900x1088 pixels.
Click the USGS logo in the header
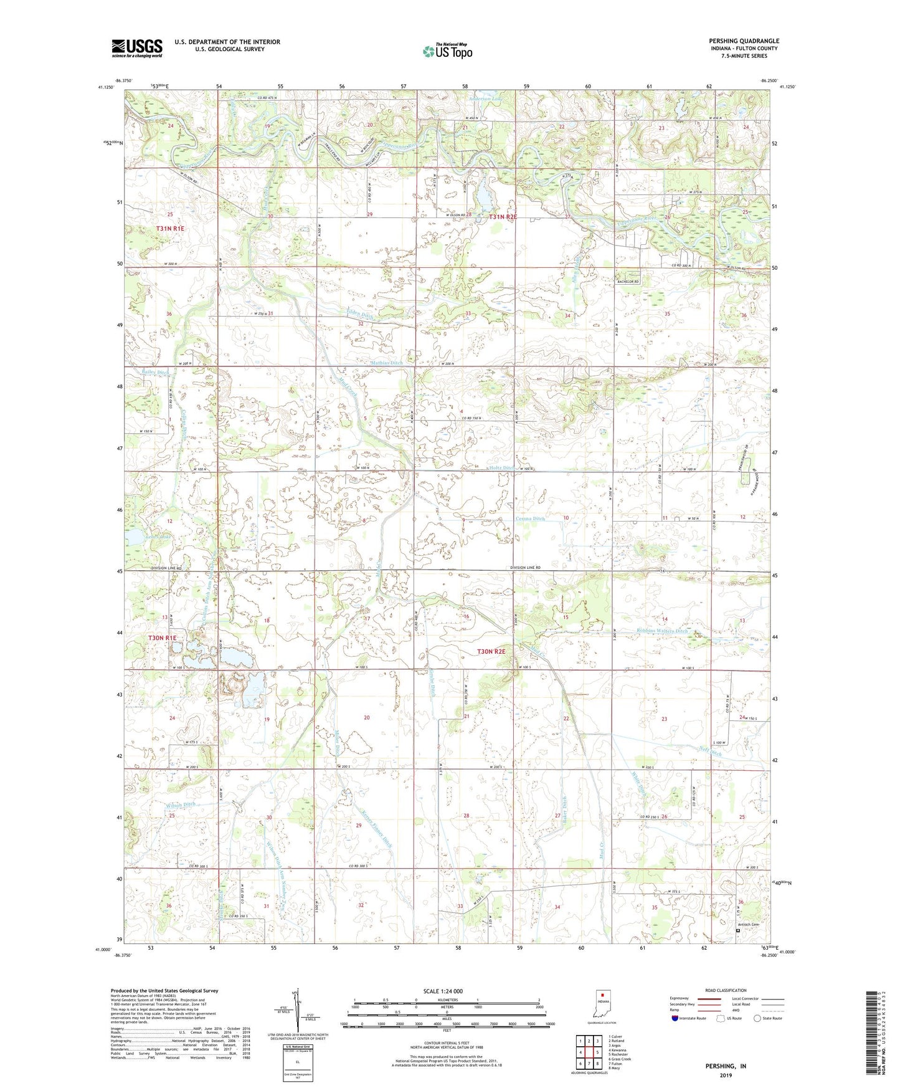pyautogui.click(x=137, y=48)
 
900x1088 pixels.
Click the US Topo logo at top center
pyautogui.click(x=447, y=51)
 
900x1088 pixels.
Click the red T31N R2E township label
pyautogui.click(x=503, y=217)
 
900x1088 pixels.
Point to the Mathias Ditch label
pyautogui.click(x=387, y=363)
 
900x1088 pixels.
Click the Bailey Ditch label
pyautogui.click(x=156, y=373)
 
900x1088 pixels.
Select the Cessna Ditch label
pyautogui.click(x=530, y=518)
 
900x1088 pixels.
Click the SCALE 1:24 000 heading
pyautogui.click(x=443, y=991)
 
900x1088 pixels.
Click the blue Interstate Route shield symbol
pyautogui.click(x=676, y=1018)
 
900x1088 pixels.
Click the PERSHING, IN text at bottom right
pyautogui.click(x=726, y=1066)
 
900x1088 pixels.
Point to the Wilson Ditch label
pyautogui.click(x=181, y=804)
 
